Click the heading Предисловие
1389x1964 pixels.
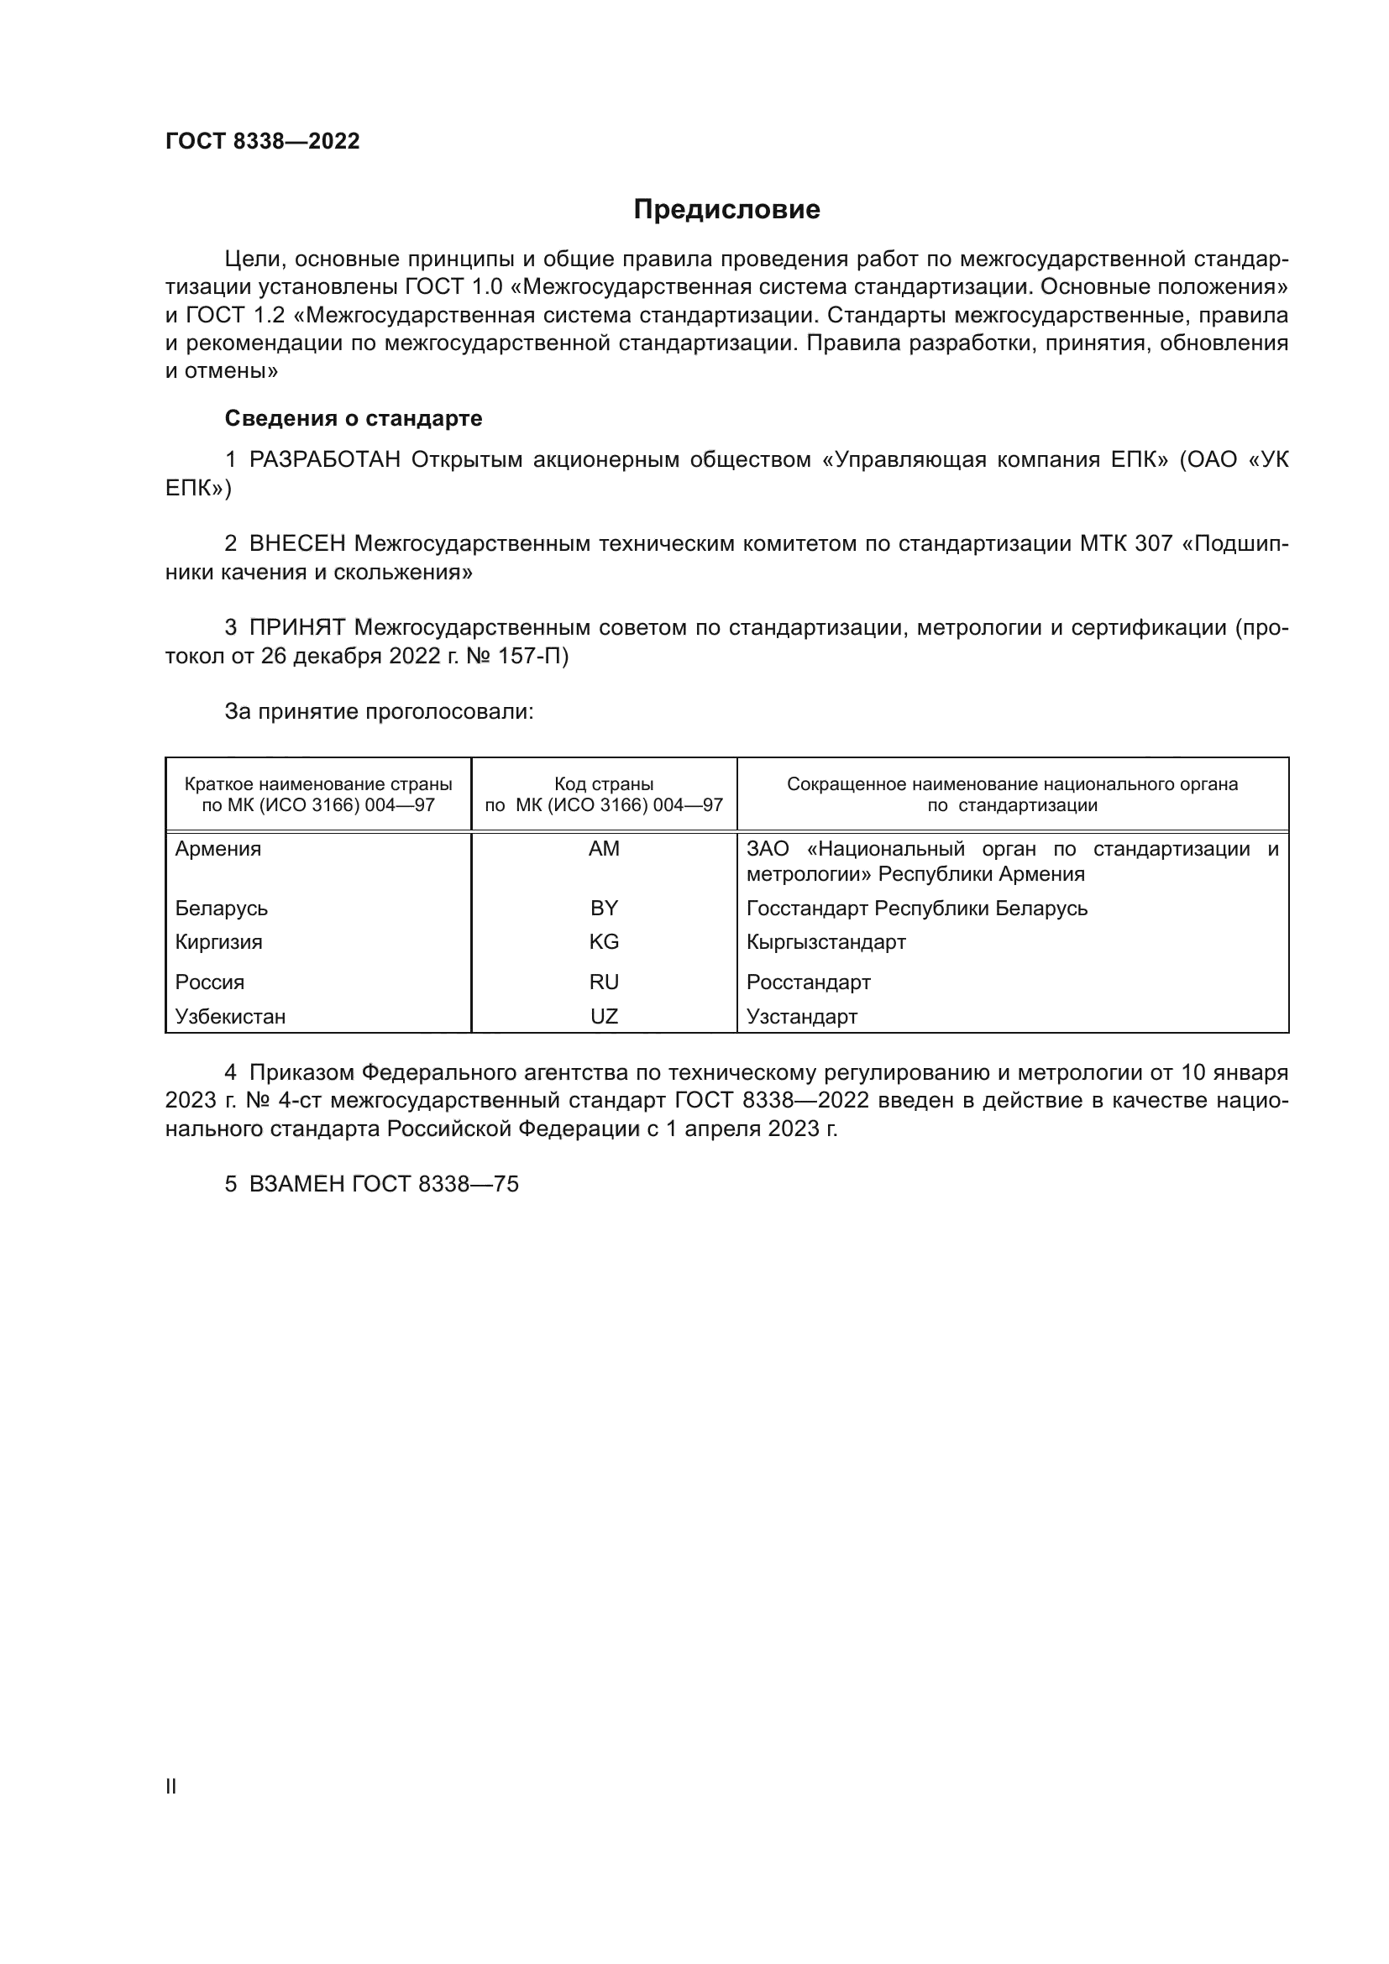(726, 210)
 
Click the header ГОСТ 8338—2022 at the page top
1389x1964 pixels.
(263, 141)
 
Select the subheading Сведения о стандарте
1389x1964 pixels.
(354, 418)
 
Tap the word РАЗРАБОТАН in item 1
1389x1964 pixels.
(325, 460)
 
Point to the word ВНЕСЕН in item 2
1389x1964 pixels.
(297, 544)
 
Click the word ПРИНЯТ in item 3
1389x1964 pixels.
(296, 628)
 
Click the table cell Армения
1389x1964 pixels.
(218, 850)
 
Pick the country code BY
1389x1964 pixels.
(604, 909)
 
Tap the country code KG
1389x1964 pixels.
(604, 942)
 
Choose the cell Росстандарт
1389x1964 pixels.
(808, 982)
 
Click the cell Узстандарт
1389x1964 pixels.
(801, 1017)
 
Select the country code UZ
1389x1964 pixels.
(604, 1017)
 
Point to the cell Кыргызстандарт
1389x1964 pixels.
(826, 942)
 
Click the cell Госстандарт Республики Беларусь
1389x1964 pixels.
(916, 909)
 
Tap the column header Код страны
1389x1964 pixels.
(604, 784)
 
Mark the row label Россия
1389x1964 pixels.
(210, 982)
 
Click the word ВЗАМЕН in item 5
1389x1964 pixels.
(296, 1185)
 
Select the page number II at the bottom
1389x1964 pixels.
(171, 1786)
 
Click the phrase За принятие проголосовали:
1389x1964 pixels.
(379, 712)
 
